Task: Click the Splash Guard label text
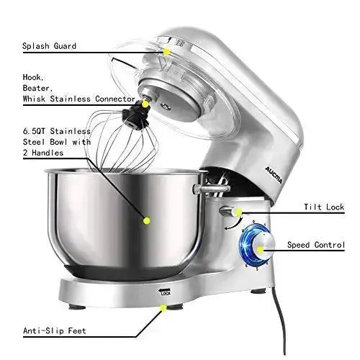(49, 46)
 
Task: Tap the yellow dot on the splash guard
(166, 52)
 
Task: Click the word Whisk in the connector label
(34, 99)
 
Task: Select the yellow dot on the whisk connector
(145, 104)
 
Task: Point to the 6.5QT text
(34, 131)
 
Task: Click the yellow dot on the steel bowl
(146, 220)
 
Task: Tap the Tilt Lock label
(324, 207)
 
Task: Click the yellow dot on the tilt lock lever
(238, 212)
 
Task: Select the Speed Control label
(316, 245)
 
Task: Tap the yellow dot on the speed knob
(260, 250)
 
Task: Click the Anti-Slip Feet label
(55, 330)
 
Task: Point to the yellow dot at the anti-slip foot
(163, 308)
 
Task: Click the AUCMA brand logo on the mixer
(274, 175)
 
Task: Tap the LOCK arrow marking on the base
(164, 292)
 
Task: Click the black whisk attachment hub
(136, 117)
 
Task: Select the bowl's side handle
(211, 189)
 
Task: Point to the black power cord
(281, 322)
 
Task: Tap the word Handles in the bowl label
(48, 153)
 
